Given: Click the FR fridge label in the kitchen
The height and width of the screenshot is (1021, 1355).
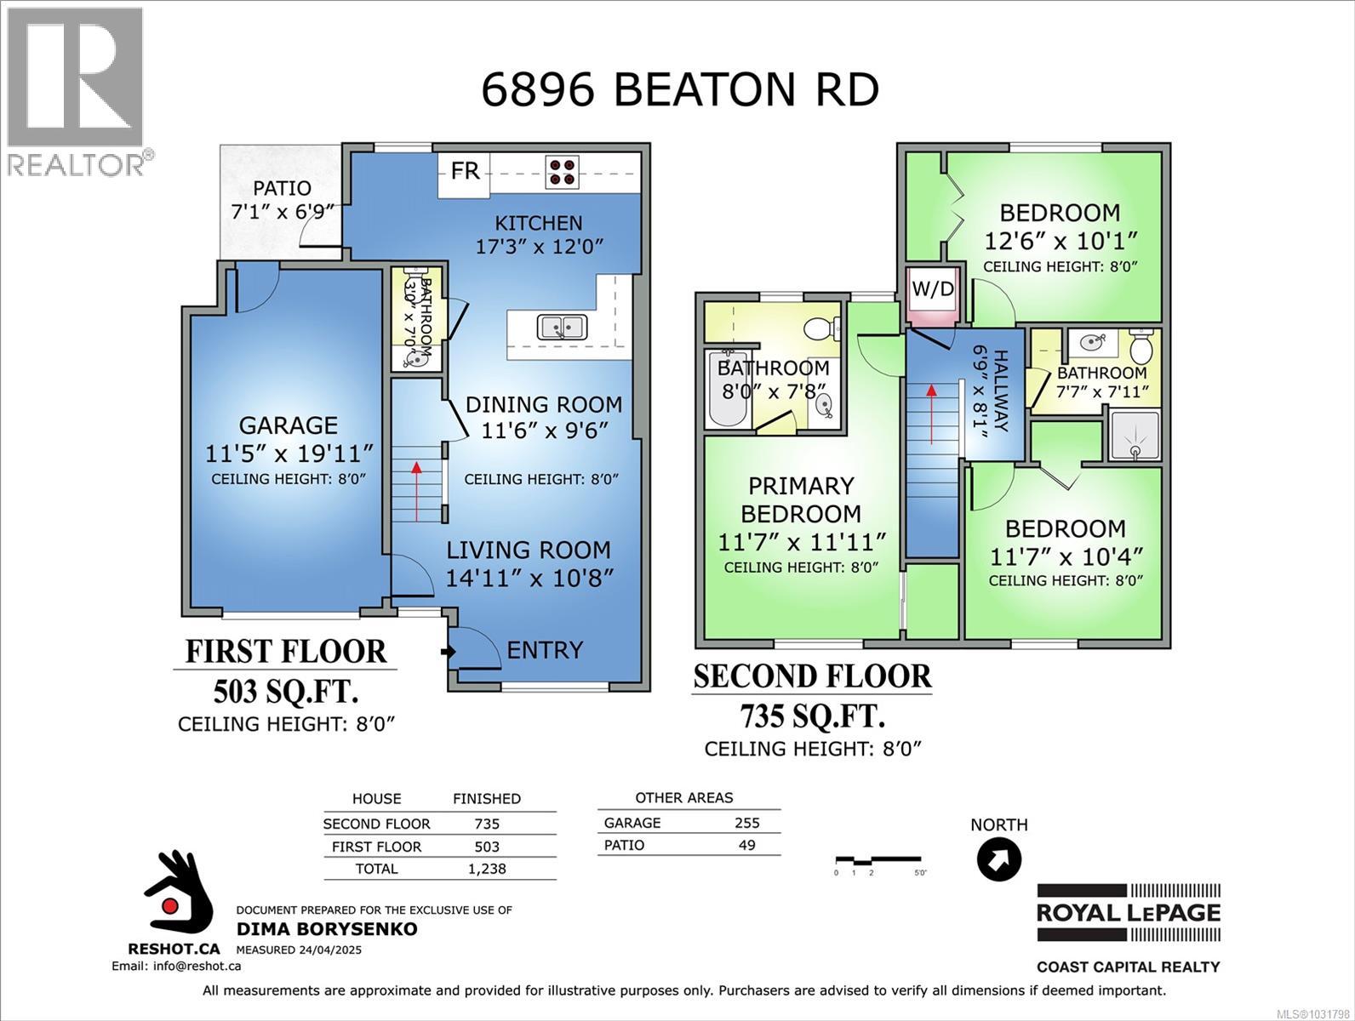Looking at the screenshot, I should click(465, 171).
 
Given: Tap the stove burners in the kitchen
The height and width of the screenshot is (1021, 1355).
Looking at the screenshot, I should click(562, 172).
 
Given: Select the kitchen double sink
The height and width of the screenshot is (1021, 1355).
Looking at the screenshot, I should click(561, 326).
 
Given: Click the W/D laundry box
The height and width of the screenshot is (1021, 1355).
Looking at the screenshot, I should click(933, 289).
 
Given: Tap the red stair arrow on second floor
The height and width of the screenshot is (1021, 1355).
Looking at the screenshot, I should click(932, 414).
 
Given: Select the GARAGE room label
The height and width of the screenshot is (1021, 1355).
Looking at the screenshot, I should click(288, 425).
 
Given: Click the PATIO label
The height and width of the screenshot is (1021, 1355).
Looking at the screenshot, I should click(282, 188).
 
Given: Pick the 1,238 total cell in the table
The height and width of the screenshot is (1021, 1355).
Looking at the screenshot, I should click(487, 869).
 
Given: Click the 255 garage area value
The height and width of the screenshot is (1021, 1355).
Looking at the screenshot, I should click(746, 823).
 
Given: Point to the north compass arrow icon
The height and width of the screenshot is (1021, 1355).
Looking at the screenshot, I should click(998, 859).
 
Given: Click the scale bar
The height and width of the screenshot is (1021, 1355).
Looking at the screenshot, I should click(877, 861).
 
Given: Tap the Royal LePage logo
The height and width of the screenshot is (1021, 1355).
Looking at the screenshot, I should click(1128, 913).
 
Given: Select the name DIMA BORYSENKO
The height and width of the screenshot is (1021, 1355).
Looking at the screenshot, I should click(327, 929).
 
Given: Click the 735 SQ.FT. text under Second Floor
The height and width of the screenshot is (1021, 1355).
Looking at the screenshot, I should click(811, 717).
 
